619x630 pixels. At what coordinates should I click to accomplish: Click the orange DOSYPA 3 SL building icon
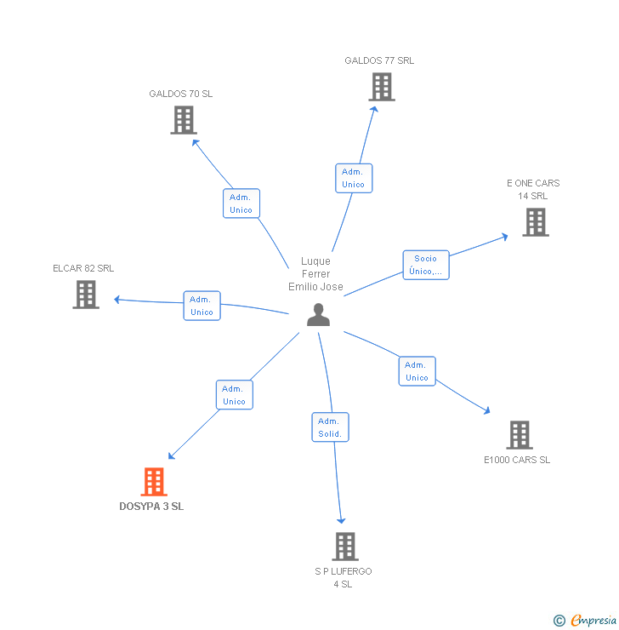click(154, 482)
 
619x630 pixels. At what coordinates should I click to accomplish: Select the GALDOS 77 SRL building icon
click(382, 87)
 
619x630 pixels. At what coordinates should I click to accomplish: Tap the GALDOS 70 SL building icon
click(184, 120)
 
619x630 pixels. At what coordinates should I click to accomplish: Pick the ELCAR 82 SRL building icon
click(86, 295)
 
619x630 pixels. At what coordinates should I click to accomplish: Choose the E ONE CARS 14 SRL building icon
click(535, 222)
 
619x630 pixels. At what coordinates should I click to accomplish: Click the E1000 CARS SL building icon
click(520, 435)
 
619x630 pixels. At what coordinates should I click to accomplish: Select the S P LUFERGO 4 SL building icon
click(344, 547)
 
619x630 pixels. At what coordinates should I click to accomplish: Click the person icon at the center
click(318, 315)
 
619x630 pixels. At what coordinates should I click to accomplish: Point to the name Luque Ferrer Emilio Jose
click(315, 274)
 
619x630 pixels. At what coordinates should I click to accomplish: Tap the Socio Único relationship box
click(425, 265)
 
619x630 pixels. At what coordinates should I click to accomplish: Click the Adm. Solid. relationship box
click(329, 427)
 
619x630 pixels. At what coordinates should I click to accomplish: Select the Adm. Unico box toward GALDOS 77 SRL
click(353, 178)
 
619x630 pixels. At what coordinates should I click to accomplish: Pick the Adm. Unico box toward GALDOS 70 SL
click(241, 203)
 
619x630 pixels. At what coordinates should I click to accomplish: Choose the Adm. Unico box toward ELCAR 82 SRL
click(202, 306)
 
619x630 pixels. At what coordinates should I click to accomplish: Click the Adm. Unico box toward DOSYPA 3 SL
click(234, 395)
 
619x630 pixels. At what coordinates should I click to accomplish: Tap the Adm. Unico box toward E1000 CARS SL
click(417, 371)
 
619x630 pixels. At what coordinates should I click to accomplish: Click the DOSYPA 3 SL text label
click(151, 507)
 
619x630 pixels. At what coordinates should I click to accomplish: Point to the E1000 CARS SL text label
click(517, 460)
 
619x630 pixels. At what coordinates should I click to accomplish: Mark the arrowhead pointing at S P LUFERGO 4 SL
click(341, 520)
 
